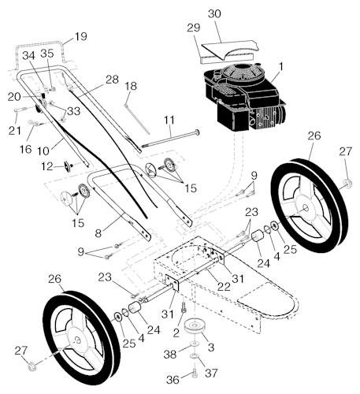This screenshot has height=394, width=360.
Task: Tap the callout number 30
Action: click(x=214, y=14)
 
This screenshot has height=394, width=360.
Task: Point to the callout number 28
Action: click(x=113, y=80)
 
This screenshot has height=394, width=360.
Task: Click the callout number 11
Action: click(x=169, y=120)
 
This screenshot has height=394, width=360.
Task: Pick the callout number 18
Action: click(x=130, y=85)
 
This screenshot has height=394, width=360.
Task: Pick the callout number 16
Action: click(x=24, y=148)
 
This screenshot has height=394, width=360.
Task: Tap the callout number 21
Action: click(x=13, y=129)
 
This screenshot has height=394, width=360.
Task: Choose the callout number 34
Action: click(x=28, y=55)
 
